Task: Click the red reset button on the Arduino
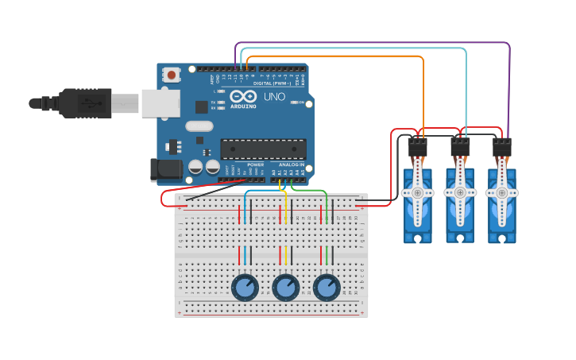pyautogui.click(x=171, y=75)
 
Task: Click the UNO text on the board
pyautogui.click(x=274, y=96)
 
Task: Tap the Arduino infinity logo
pyautogui.click(x=242, y=95)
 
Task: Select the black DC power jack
pyautogui.click(x=162, y=168)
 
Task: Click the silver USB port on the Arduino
pyautogui.click(x=160, y=103)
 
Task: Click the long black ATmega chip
pyautogui.click(x=263, y=149)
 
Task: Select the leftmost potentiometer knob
pyautogui.click(x=245, y=287)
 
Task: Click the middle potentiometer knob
pyautogui.click(x=286, y=287)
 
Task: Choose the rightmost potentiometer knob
pyautogui.click(x=327, y=287)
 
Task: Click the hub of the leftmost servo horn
pyautogui.click(x=417, y=192)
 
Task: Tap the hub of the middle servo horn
pyautogui.click(x=459, y=192)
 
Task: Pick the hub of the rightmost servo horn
pyautogui.click(x=501, y=192)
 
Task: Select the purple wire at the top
pyautogui.click(x=373, y=42)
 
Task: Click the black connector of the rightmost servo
pyautogui.click(x=502, y=148)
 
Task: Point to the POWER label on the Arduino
pyautogui.click(x=255, y=165)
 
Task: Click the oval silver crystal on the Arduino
pyautogui.click(x=199, y=126)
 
